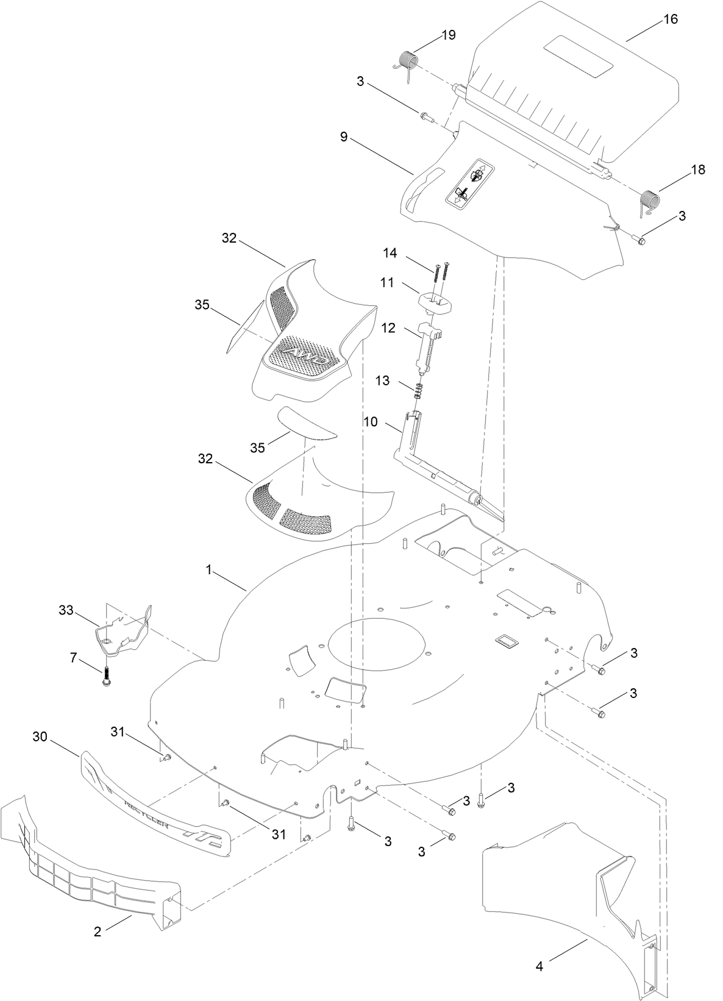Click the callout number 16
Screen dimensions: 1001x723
669,20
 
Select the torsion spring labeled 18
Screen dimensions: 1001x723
650,201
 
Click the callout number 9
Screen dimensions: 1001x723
344,137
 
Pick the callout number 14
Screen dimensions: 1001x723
390,253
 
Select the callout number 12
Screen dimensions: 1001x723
389,329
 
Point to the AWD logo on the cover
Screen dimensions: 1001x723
307,355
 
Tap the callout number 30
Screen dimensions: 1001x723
40,736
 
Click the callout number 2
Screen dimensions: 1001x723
98,932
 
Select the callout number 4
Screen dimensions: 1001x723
539,966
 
